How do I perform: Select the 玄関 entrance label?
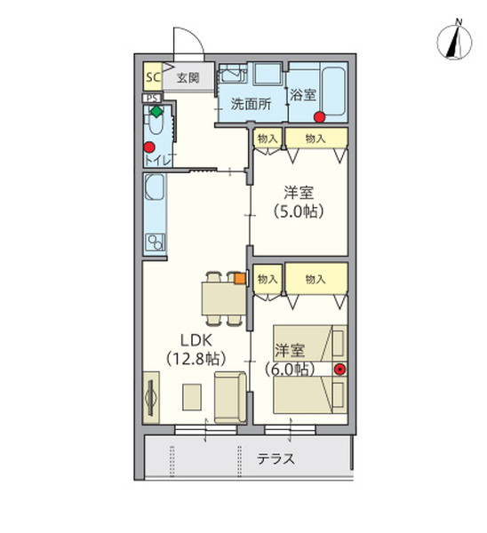point(188,77)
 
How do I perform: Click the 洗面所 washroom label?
point(251,102)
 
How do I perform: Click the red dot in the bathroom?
point(319,116)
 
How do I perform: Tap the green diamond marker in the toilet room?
point(156,112)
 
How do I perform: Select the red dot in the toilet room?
point(149,147)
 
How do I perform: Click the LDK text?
point(196,340)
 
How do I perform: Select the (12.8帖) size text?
point(196,359)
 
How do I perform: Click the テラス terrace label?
point(275,459)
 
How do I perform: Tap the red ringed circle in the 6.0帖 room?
point(339,369)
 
